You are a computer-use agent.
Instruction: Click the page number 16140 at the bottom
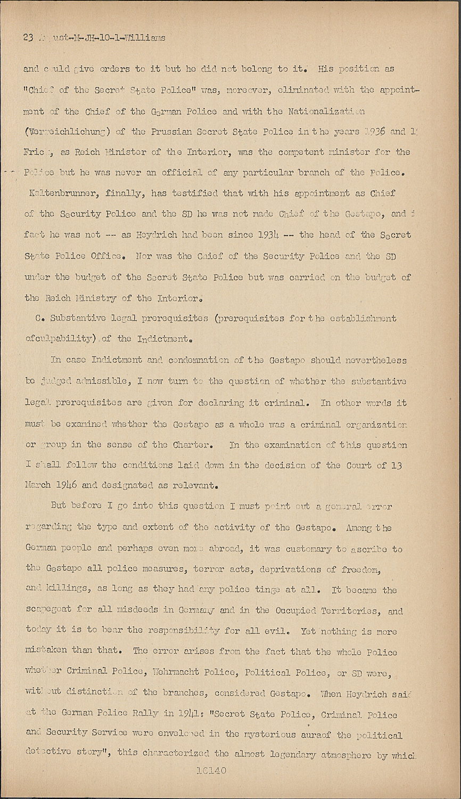coord(212,771)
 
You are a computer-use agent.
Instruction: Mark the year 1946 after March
coord(62,486)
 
